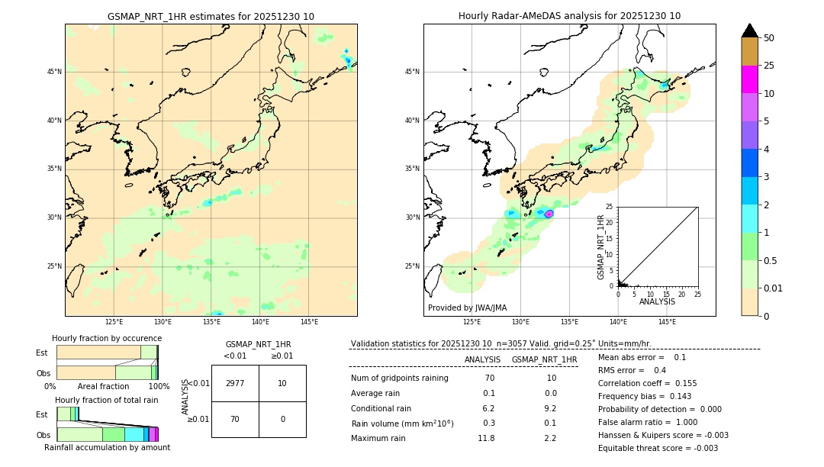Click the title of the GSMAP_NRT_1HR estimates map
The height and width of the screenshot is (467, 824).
pos(211,16)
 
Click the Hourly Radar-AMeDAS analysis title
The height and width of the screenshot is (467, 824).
pos(569,16)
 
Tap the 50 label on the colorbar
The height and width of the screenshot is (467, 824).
pos(769,38)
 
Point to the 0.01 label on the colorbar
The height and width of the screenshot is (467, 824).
pos(774,288)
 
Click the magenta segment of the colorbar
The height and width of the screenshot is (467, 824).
pos(749,79)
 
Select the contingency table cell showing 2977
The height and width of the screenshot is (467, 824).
pos(235,383)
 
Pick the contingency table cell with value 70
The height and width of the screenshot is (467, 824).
pos(235,419)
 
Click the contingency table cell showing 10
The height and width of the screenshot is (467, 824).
pos(282,383)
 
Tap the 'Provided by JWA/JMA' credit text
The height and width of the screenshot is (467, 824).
pos(467,308)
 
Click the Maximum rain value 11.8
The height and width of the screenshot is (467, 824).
pos(486,438)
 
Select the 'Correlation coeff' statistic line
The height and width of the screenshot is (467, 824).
pos(647,383)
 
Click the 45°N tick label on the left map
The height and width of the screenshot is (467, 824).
pos(54,72)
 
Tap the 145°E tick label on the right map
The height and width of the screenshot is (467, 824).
pos(667,322)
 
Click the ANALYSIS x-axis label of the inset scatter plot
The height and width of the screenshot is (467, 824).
pos(657,301)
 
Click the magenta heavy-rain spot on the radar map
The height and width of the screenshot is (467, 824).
pos(549,214)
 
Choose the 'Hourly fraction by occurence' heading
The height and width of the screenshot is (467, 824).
pos(107,338)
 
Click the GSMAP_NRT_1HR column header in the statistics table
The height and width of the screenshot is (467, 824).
pos(544,359)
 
